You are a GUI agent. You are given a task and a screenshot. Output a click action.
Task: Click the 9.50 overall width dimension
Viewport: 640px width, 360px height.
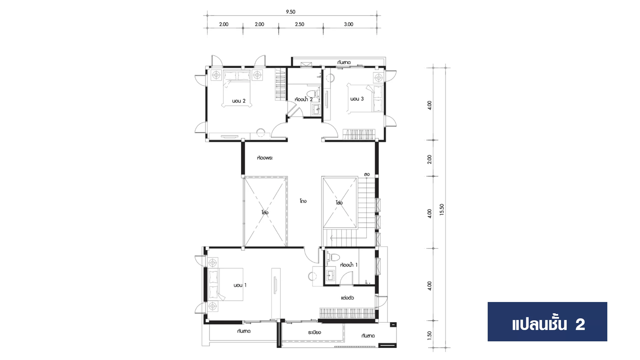[290, 12]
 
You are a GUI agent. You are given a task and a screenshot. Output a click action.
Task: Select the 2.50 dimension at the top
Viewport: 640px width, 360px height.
[299, 24]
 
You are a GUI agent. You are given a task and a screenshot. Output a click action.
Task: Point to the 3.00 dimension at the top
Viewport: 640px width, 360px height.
[348, 24]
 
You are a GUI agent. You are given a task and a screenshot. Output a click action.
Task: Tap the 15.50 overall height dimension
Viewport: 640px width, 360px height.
[442, 210]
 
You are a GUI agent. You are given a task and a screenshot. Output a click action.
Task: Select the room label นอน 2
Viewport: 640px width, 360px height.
[239, 101]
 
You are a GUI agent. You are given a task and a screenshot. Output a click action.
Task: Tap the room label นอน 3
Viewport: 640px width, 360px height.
[357, 99]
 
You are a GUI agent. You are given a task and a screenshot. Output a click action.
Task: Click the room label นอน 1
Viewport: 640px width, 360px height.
[240, 285]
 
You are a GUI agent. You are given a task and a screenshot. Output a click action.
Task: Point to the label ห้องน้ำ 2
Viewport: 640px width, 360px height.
[304, 99]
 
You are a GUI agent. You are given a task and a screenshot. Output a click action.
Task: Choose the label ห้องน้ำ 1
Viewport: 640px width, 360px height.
[349, 265]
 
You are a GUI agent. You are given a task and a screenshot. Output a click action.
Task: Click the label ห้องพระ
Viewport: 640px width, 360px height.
[265, 158]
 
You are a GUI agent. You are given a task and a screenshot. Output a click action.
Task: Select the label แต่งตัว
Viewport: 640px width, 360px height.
[347, 298]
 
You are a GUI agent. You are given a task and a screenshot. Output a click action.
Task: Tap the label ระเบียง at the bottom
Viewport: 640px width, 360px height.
[315, 332]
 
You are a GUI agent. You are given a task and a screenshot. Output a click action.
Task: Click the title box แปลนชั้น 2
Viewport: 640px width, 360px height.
[547, 322]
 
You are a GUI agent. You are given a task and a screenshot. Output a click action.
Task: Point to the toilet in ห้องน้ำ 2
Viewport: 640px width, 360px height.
[311, 93]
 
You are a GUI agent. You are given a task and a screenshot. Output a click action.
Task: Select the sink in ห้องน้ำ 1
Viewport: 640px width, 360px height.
[331, 275]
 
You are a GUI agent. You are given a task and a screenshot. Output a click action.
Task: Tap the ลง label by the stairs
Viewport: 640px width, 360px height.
[367, 174]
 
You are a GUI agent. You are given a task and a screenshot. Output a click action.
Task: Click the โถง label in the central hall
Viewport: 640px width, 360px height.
[303, 201]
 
